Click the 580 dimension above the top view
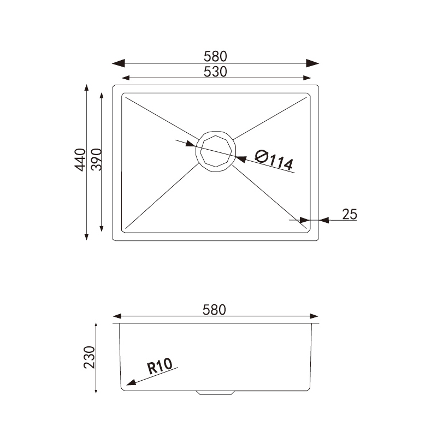point(215,56)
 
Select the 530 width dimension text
point(215,72)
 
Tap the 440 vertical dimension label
point(80,160)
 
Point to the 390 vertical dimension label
point(96,160)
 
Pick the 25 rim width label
point(350,214)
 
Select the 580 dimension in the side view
point(214,310)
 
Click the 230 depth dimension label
point(90,357)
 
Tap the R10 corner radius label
point(160,365)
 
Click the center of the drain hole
point(217,151)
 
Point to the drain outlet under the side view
point(216,392)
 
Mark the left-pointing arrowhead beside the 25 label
point(323,220)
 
